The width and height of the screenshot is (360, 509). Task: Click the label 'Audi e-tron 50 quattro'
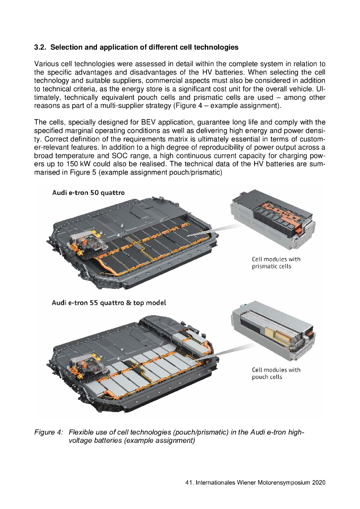coord(88,192)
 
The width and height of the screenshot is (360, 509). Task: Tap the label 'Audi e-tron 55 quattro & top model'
coord(109,302)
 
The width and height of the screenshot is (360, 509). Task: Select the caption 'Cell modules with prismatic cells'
coord(276,262)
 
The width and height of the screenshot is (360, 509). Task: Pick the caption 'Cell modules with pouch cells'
coord(276,373)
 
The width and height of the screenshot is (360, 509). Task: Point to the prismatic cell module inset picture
coord(272,221)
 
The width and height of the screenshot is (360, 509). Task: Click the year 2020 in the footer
coord(317,483)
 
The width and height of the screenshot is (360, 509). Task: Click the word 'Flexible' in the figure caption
coord(82,432)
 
